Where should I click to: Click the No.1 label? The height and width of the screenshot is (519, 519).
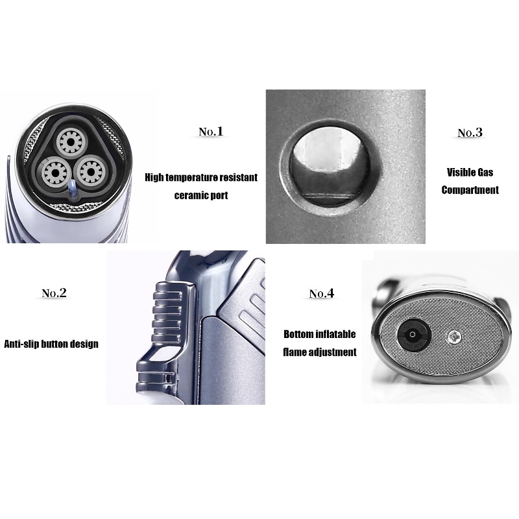coord(211,132)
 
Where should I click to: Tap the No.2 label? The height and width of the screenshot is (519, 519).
coord(54,293)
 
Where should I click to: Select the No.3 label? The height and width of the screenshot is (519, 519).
coord(470,133)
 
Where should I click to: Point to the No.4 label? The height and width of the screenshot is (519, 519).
coord(321,293)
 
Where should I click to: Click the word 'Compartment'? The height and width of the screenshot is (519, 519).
coord(470,190)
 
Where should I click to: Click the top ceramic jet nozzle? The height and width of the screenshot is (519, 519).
coord(71,142)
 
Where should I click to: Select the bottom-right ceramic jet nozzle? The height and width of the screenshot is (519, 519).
coord(90,172)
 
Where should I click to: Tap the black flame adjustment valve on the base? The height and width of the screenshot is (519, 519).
coord(413,335)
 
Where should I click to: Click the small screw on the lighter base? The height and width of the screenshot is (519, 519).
coord(454,337)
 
